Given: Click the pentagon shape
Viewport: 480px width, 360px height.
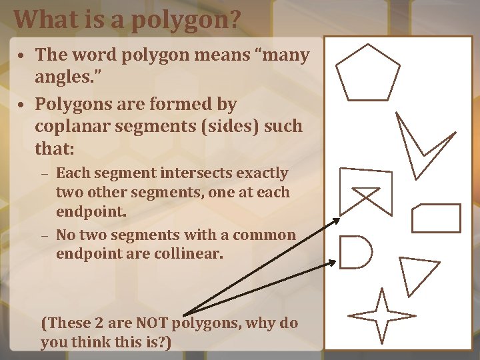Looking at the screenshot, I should [x=367, y=73].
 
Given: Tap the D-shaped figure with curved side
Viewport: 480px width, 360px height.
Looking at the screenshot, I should [x=355, y=252].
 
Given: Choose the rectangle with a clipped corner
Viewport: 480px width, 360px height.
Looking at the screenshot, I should [x=436, y=218].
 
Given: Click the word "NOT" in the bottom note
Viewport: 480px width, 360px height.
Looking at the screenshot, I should [x=153, y=324].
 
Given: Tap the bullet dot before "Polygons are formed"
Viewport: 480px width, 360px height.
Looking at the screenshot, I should [x=23, y=105].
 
